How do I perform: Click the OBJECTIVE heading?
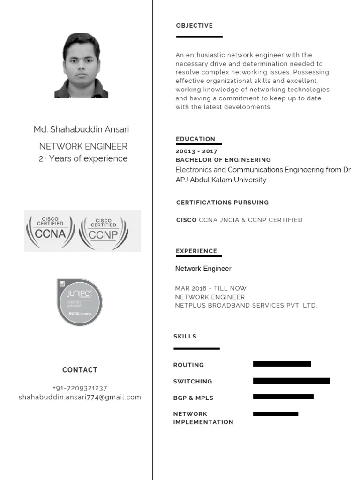click(194, 26)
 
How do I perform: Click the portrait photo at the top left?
click(81, 66)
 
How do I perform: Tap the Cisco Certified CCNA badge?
click(50, 231)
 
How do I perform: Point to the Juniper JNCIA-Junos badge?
click(79, 302)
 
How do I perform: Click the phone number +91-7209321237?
click(80, 388)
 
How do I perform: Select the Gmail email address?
click(80, 397)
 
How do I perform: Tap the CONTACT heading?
click(80, 370)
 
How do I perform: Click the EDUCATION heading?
click(195, 139)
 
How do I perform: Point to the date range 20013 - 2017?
click(196, 151)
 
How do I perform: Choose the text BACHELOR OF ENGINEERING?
click(223, 160)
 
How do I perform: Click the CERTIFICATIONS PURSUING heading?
click(222, 202)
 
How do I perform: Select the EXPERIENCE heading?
click(196, 251)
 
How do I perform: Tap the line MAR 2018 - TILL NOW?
click(210, 288)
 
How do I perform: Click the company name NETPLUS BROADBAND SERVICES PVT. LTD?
click(246, 305)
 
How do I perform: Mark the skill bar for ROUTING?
click(282, 364)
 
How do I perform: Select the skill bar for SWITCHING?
click(291, 381)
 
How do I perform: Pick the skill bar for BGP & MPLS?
click(283, 397)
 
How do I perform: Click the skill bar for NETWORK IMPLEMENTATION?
click(275, 414)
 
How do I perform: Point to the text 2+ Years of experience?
click(83, 158)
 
